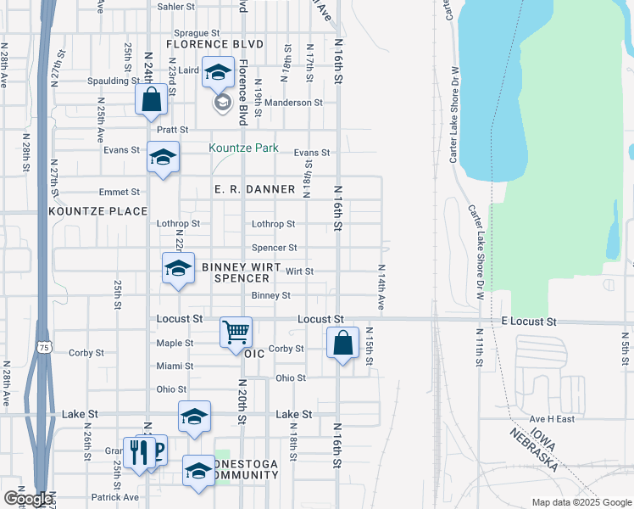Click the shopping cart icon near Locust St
click(236, 331)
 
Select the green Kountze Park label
click(244, 148)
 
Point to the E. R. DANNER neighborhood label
click(254, 189)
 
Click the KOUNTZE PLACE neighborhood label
click(98, 210)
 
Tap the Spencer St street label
click(274, 248)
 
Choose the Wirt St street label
click(300, 271)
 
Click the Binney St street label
click(271, 295)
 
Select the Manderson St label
click(294, 103)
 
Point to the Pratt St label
click(172, 130)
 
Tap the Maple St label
click(175, 343)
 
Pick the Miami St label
click(175, 366)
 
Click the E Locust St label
click(528, 322)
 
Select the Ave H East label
click(553, 419)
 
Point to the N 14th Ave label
click(381, 287)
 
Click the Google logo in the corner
click(28, 499)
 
